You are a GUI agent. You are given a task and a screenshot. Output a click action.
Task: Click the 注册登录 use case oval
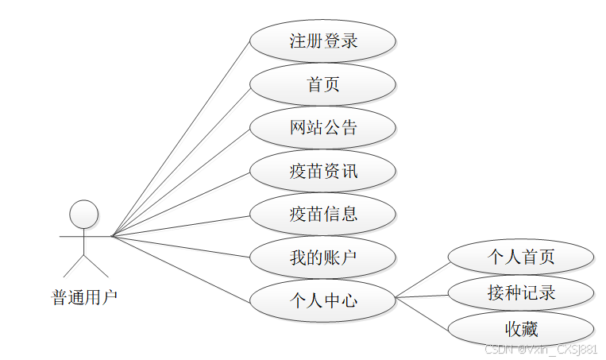(322, 41)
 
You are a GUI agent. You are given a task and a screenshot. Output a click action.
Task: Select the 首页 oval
(322, 84)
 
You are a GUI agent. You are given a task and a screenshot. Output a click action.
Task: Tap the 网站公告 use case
(322, 127)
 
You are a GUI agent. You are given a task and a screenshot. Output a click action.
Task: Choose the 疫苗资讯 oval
(322, 171)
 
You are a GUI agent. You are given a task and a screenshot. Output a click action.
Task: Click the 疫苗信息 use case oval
(322, 214)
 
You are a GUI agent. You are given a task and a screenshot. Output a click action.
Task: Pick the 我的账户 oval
(322, 257)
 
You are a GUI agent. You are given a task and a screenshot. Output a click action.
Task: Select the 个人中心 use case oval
(322, 300)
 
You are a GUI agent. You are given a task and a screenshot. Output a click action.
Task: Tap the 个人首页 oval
(521, 257)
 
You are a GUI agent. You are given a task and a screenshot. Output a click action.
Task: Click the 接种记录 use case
(521, 293)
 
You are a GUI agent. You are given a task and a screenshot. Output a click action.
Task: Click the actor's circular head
(83, 214)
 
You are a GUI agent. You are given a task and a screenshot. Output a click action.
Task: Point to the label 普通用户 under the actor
(84, 298)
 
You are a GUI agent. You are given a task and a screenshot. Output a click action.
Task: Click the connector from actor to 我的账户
(181, 246)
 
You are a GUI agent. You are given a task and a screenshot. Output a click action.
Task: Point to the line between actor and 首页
(181, 160)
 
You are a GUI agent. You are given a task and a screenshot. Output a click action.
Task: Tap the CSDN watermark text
(540, 349)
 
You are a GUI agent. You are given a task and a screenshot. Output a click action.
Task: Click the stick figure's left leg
(73, 265)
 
